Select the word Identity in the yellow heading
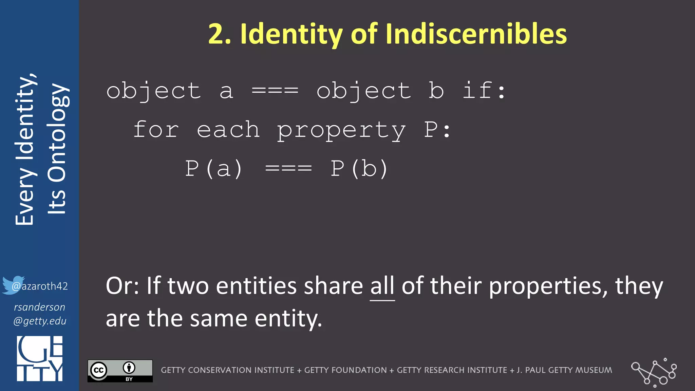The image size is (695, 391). [x=292, y=34]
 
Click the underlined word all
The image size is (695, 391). [x=382, y=286]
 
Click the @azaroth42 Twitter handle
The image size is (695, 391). [x=40, y=286]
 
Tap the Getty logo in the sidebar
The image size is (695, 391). [x=40, y=358]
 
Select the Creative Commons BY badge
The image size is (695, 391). [x=120, y=371]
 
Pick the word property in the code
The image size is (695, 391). [x=341, y=130]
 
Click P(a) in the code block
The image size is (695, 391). [x=214, y=169]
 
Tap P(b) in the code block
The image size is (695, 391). [x=359, y=169]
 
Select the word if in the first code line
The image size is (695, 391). [x=477, y=91]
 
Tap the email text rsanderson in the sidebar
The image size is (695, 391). [x=40, y=307]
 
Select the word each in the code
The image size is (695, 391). [x=228, y=130]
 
